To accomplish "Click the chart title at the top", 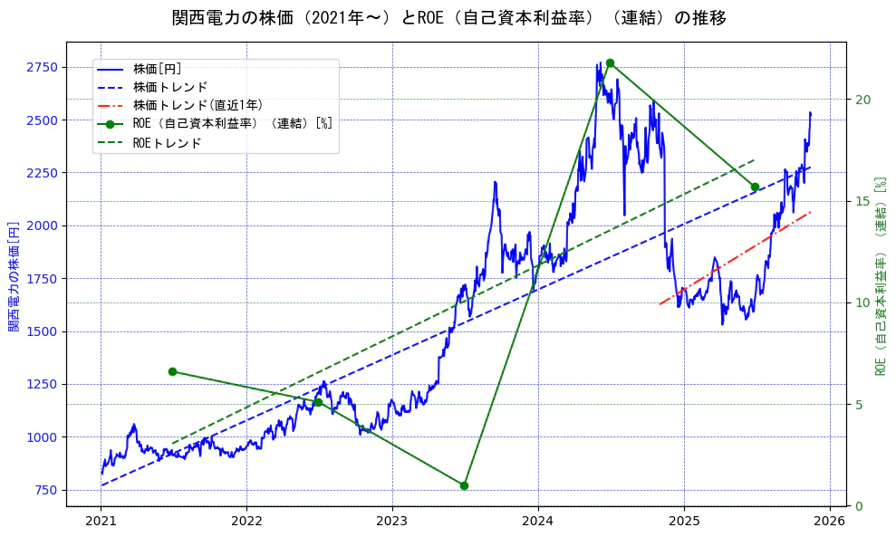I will tap(448, 18).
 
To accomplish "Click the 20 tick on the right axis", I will tap(863, 100).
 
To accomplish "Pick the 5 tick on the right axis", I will tap(860, 404).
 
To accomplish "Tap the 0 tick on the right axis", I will tap(860, 506).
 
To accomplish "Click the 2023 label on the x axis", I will tap(392, 522).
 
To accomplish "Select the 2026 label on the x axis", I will tap(829, 522).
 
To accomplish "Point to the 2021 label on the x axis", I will tap(101, 522).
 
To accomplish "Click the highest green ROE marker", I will tap(610, 62).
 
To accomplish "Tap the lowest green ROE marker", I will tap(464, 485).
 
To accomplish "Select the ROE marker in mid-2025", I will tap(755, 187).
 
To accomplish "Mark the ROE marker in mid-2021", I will tap(172, 371).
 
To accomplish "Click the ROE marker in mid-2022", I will tap(318, 402).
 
